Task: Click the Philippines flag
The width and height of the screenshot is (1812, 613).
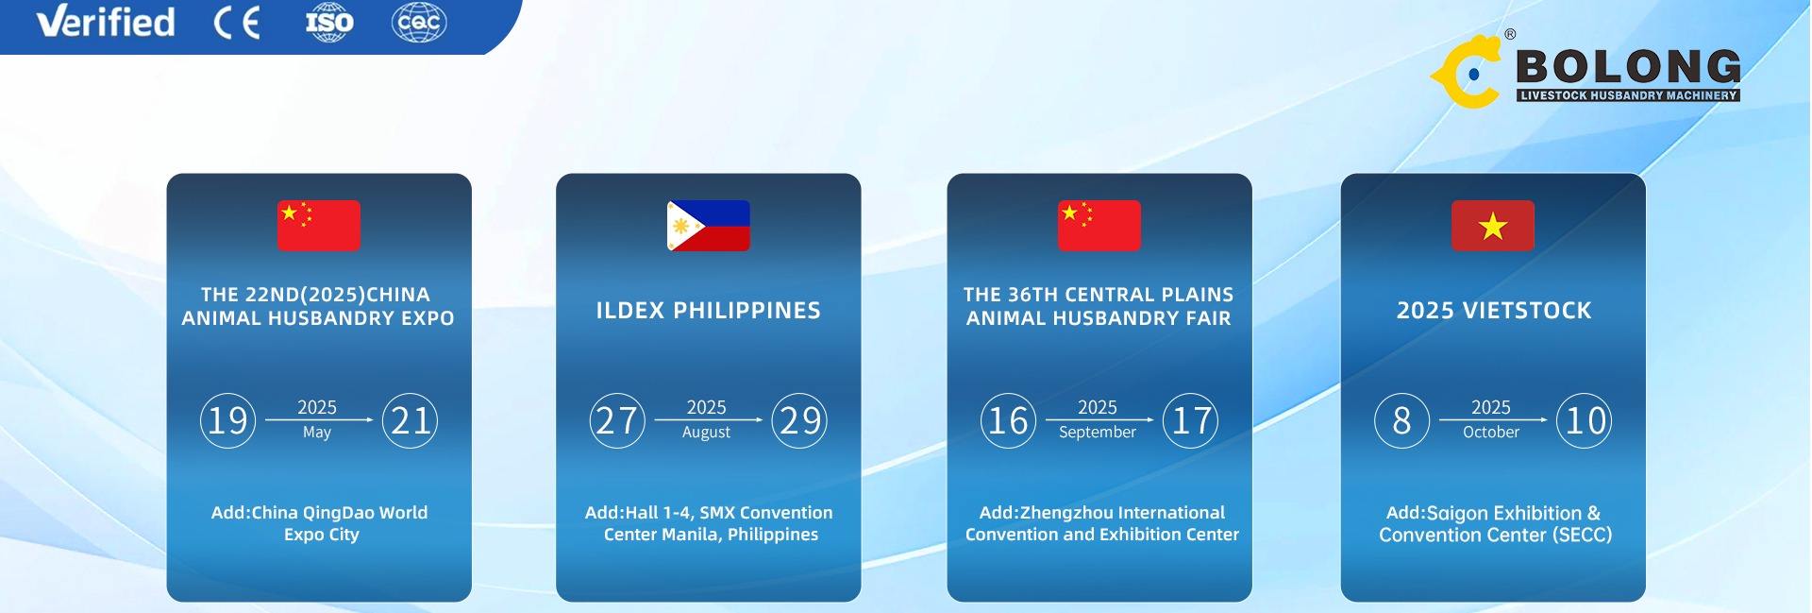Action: click(x=708, y=226)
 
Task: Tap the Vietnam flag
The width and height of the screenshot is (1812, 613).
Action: click(x=1492, y=226)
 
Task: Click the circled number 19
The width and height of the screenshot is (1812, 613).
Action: click(x=227, y=420)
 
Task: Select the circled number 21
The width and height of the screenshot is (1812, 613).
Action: click(x=410, y=420)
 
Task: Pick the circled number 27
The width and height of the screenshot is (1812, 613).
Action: click(x=617, y=420)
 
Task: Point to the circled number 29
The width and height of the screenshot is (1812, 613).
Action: click(x=799, y=420)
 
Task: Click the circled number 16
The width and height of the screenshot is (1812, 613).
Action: click(x=1008, y=420)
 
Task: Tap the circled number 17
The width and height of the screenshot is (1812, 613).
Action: click(x=1190, y=420)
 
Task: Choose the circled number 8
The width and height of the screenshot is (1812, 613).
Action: click(x=1401, y=420)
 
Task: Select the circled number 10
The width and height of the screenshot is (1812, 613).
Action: click(x=1584, y=420)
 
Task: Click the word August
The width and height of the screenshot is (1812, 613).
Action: click(x=706, y=433)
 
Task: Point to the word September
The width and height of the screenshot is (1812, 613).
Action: click(x=1098, y=433)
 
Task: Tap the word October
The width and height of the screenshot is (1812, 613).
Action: click(x=1491, y=432)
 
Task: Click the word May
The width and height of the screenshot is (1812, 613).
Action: click(x=317, y=433)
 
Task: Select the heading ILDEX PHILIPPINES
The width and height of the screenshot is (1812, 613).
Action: click(x=708, y=311)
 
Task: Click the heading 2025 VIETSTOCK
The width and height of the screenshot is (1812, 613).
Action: click(x=1494, y=311)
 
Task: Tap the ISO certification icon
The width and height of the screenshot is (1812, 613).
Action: click(x=329, y=23)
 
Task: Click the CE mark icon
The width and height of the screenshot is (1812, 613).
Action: click(x=237, y=23)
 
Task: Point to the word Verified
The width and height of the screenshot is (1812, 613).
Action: click(x=106, y=22)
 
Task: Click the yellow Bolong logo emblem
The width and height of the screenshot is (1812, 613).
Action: click(x=1466, y=71)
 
